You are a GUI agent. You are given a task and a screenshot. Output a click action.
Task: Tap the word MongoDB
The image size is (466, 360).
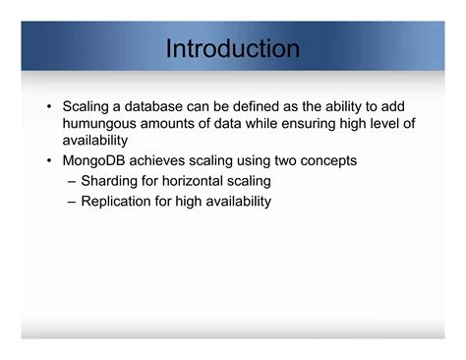(98, 160)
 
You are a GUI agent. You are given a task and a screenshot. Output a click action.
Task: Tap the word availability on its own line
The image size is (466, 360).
(96, 141)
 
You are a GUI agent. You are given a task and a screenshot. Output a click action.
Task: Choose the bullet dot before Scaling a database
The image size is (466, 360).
(49, 105)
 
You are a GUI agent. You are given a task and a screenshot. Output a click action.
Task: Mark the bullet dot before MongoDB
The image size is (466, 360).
(49, 161)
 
